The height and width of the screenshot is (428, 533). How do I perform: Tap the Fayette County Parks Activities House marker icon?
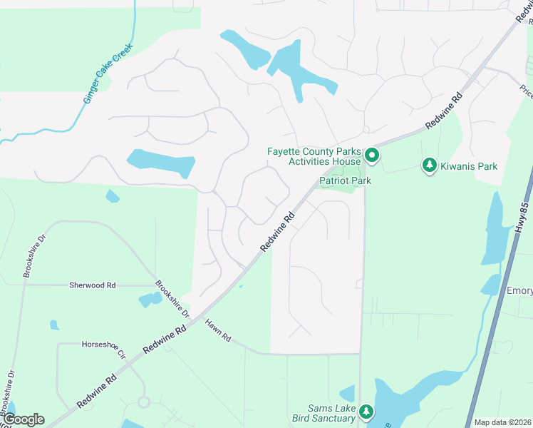[x=371, y=154]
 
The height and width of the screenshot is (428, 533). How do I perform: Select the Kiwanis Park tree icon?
[x=429, y=165]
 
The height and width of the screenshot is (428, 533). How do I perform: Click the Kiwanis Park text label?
[x=468, y=166]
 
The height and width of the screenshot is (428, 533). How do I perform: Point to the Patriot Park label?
[x=345, y=181]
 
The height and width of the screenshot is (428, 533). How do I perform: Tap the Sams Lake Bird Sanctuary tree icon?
[x=366, y=412]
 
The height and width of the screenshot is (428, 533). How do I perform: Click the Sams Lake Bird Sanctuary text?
[x=324, y=413]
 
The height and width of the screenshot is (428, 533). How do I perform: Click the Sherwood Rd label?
[x=92, y=285]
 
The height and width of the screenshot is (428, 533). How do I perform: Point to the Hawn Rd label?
[x=218, y=329]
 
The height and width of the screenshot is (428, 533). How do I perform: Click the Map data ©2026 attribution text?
[x=502, y=422]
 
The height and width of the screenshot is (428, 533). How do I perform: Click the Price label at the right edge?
[x=526, y=91]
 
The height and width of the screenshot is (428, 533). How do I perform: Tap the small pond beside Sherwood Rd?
[x=150, y=300]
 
